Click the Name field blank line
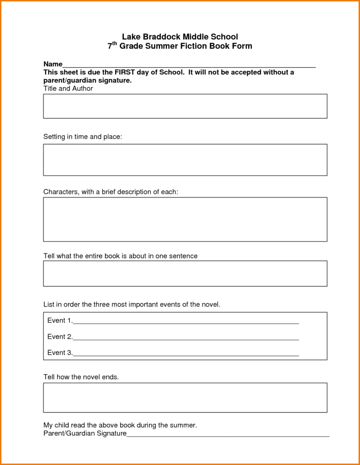[x=188, y=65]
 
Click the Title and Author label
[x=68, y=89]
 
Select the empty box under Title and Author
[x=185, y=106]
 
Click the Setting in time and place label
[x=83, y=137]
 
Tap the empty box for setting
[x=185, y=160]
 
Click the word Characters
[x=61, y=192]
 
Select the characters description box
[x=185, y=219]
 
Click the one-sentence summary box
[x=185, y=273]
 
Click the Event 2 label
[x=59, y=337]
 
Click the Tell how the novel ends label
[x=81, y=377]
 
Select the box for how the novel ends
[x=185, y=397]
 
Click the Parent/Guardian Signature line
[x=227, y=435]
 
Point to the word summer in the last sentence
[x=182, y=425]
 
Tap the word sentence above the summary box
[x=183, y=256]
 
